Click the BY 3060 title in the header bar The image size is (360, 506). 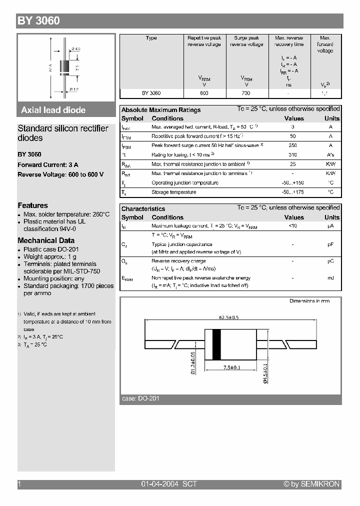[x=38, y=21]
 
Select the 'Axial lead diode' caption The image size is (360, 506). [x=53, y=110]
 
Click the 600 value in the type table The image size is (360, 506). [x=204, y=93]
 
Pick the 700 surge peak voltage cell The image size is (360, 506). [x=246, y=93]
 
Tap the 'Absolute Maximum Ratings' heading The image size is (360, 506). [x=161, y=110]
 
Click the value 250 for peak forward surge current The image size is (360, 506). [x=293, y=145]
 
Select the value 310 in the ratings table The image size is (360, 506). [x=293, y=155]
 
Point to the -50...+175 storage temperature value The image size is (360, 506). [x=293, y=192]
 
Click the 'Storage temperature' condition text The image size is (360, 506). [x=173, y=192]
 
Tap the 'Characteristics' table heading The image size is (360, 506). [x=143, y=209]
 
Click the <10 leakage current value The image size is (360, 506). [x=293, y=226]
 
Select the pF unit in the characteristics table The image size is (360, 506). [x=330, y=245]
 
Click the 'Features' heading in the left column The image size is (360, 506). [x=32, y=205]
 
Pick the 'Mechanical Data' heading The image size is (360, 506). [x=46, y=240]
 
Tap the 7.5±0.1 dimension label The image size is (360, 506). [x=231, y=368]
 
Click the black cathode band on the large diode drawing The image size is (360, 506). [x=216, y=344]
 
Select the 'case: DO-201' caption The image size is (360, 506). [x=140, y=398]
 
